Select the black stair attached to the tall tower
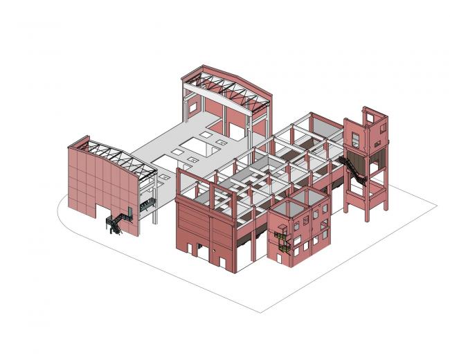click(354, 170)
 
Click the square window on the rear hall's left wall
click(188, 105)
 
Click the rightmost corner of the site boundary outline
click(435, 205)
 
